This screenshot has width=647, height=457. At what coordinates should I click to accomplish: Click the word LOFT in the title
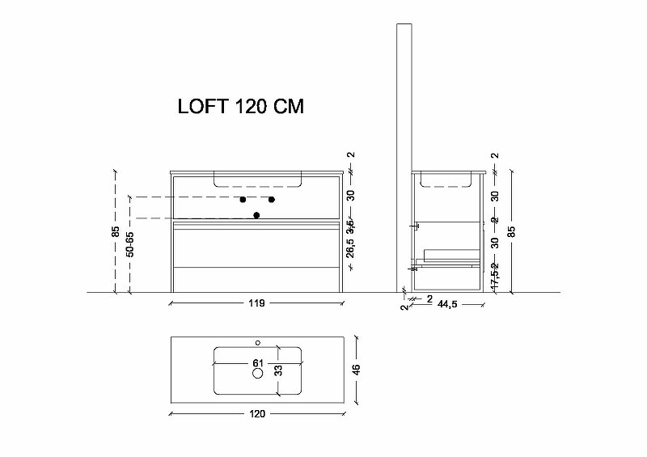click(201, 108)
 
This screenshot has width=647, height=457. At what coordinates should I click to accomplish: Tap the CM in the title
click(286, 108)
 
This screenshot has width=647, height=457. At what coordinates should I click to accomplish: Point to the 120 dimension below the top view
click(257, 414)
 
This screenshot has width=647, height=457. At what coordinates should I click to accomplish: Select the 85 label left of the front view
click(116, 231)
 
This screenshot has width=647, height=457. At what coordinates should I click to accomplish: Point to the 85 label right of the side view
click(511, 231)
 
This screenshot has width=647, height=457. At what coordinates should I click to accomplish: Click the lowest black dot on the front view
click(257, 214)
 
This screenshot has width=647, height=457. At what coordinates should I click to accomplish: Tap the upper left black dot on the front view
click(242, 199)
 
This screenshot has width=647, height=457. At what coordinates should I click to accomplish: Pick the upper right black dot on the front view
click(272, 199)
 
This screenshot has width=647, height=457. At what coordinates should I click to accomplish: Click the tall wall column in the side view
click(402, 154)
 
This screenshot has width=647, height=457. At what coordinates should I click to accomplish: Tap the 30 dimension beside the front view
click(351, 195)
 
